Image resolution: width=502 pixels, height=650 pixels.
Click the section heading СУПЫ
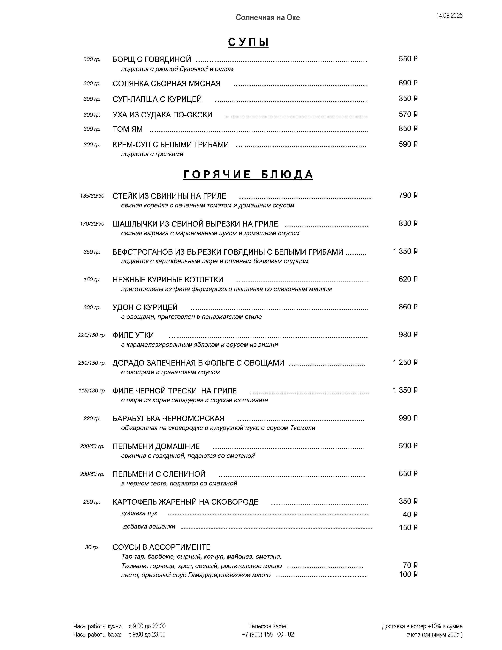pyautogui.click(x=248, y=42)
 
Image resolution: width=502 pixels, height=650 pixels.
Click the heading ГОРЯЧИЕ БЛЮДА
pyautogui.click(x=248, y=175)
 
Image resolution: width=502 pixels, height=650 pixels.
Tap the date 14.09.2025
pyautogui.click(x=449, y=16)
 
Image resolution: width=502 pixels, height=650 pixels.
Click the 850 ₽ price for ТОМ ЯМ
pyautogui.click(x=408, y=128)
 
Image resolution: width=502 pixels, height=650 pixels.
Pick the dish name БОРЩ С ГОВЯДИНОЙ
pyautogui.click(x=152, y=59)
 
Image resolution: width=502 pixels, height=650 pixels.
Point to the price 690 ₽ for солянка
pyautogui.click(x=408, y=83)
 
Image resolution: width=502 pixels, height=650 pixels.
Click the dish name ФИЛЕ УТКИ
pyautogui.click(x=133, y=335)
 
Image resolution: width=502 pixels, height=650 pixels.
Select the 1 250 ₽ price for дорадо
pyautogui.click(x=405, y=362)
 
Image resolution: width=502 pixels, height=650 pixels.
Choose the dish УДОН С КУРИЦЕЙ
pyautogui.click(x=145, y=307)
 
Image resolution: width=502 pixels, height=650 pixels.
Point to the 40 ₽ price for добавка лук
pyautogui.click(x=410, y=514)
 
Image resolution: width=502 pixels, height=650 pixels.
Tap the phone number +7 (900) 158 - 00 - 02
pyautogui.click(x=268, y=634)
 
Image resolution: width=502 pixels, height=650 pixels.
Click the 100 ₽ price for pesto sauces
pyautogui.click(x=408, y=574)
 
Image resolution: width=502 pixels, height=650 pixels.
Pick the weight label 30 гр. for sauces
pyautogui.click(x=92, y=547)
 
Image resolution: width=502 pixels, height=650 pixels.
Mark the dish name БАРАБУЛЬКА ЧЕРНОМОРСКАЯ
pyautogui.click(x=168, y=418)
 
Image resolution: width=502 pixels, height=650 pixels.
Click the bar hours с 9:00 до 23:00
pyautogui.click(x=147, y=634)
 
